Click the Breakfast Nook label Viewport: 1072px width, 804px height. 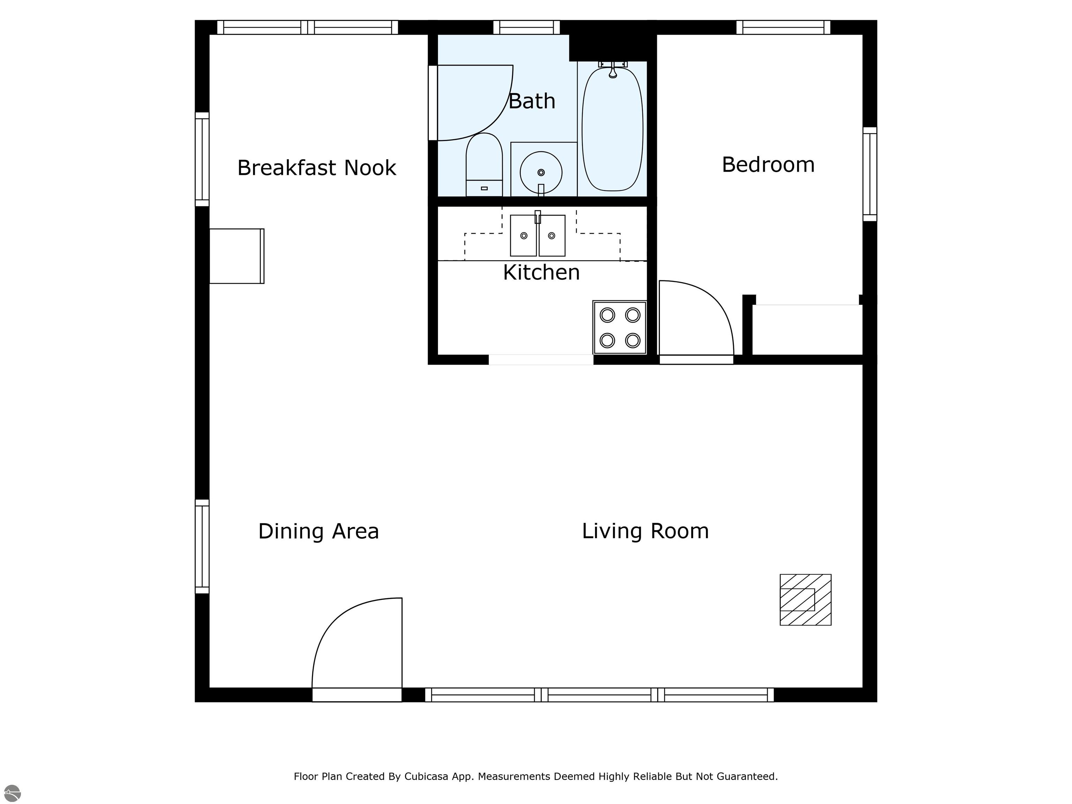click(x=317, y=168)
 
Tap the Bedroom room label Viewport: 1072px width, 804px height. click(x=768, y=164)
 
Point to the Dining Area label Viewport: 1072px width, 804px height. click(x=318, y=531)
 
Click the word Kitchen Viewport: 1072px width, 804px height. click(x=541, y=272)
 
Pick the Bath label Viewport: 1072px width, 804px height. click(x=532, y=101)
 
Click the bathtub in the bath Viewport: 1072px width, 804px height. click(x=612, y=129)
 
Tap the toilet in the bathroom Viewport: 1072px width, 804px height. click(x=484, y=164)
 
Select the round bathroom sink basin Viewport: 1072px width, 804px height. click(x=541, y=172)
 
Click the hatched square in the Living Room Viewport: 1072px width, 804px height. click(x=805, y=600)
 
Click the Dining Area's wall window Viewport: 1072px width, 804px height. click(x=202, y=546)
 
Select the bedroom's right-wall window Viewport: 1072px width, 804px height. click(x=870, y=174)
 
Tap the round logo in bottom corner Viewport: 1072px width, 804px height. click(x=12, y=793)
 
